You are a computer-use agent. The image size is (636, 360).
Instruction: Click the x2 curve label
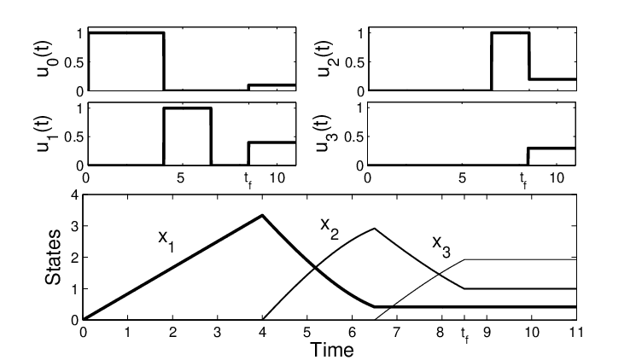tap(330, 228)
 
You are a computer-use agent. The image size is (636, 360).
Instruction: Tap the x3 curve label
tap(441, 246)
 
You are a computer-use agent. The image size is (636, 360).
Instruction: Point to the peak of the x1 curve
tap(262, 215)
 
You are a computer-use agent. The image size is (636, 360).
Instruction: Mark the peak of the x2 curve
tap(374, 229)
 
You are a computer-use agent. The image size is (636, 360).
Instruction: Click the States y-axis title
tap(53, 257)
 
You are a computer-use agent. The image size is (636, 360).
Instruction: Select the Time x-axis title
tap(332, 350)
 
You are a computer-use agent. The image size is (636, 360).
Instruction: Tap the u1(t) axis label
tap(48, 134)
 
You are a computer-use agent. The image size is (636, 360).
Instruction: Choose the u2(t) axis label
tap(327, 59)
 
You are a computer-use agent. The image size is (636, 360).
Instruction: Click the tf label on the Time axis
tap(464, 335)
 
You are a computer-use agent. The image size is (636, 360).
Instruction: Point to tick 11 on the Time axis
tap(576, 333)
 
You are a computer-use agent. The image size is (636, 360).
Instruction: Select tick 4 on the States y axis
tap(74, 195)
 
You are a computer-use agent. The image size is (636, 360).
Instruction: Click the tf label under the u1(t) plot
tap(248, 180)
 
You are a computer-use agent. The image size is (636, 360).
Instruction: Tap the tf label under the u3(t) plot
tap(524, 180)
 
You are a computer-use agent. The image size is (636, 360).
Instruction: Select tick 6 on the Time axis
tap(352, 333)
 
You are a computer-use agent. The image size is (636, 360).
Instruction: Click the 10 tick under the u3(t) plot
tap(557, 177)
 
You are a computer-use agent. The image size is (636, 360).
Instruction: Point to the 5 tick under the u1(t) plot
tap(180, 177)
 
